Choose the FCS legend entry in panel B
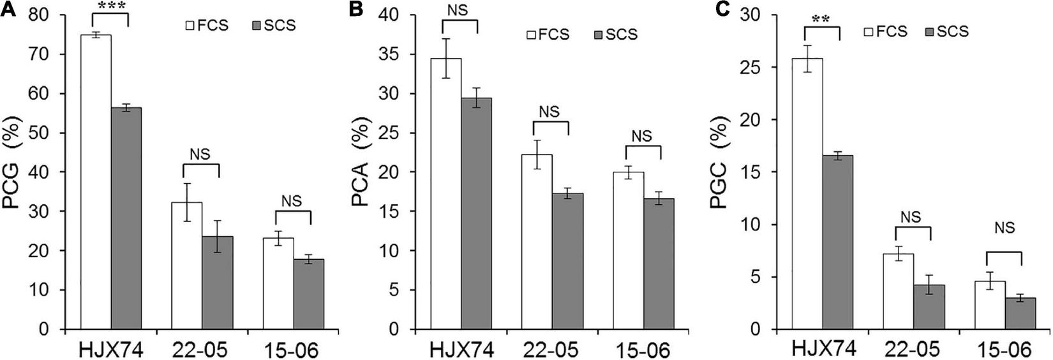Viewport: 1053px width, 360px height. click(548, 34)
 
